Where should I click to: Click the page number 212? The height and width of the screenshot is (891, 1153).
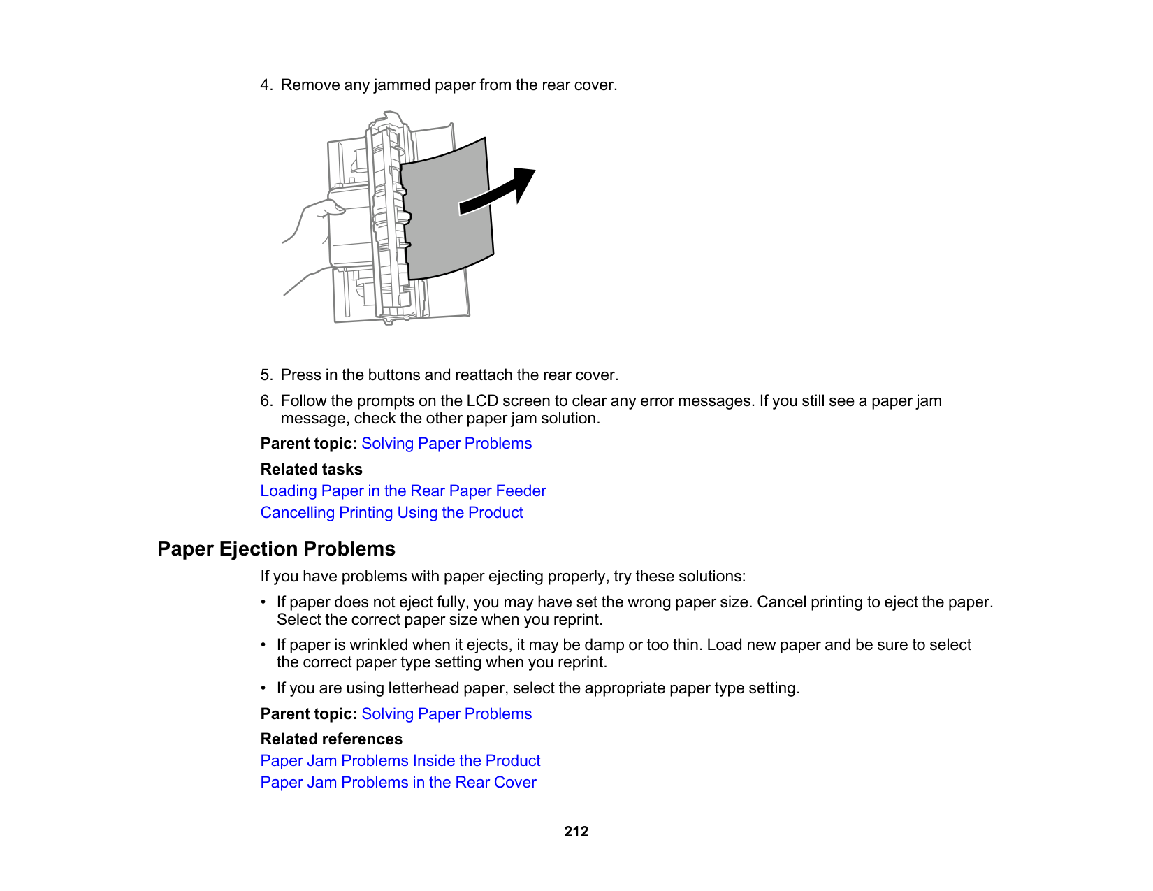click(x=576, y=832)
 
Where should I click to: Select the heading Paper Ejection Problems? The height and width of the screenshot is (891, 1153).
click(x=276, y=549)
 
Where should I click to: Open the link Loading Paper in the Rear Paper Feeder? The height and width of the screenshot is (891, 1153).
click(x=403, y=491)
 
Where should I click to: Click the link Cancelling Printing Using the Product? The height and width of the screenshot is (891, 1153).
click(x=391, y=513)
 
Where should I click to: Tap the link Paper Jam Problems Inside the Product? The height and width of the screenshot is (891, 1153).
click(x=400, y=761)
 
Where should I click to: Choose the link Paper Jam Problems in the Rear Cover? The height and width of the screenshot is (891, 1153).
click(x=398, y=783)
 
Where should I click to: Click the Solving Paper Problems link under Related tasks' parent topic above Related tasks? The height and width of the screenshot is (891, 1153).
click(x=447, y=444)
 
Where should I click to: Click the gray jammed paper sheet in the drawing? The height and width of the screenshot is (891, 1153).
click(x=447, y=224)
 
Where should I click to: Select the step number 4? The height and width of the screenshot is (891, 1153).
click(x=266, y=85)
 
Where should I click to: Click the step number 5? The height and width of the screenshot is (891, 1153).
click(x=266, y=375)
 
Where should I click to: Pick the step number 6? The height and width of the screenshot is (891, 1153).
click(x=266, y=401)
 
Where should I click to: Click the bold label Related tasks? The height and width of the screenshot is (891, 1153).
click(x=311, y=470)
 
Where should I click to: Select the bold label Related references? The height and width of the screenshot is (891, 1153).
click(x=331, y=739)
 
